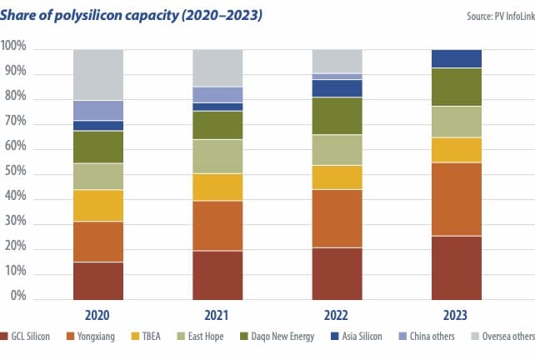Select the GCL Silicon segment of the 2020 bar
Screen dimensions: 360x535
[98, 280]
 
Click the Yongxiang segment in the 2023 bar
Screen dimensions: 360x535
[457, 199]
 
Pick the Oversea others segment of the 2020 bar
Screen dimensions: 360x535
[98, 75]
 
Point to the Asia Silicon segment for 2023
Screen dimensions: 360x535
[457, 58]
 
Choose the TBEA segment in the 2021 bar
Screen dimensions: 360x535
[217, 187]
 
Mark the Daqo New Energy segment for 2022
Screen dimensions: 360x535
[337, 116]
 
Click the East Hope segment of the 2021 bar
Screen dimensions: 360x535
[217, 157]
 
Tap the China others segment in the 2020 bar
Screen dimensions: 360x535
[98, 110]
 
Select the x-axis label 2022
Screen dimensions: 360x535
[337, 316]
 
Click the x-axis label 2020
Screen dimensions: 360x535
[98, 316]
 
